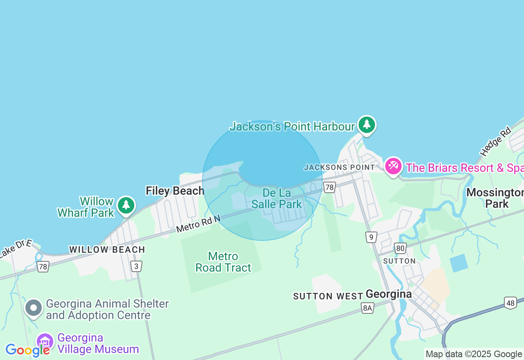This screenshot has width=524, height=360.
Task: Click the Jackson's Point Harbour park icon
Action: [366, 124]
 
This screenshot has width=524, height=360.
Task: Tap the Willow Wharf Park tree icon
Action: [126, 205]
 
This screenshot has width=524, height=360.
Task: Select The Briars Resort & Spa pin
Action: [393, 166]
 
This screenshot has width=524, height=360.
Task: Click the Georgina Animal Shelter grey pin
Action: [34, 308]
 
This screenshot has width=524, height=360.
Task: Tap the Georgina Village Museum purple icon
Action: [45, 342]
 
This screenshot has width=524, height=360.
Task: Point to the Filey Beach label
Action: [175, 191]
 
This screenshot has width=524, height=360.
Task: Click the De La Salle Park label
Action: [277, 198]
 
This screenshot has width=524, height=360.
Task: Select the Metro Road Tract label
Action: [223, 262]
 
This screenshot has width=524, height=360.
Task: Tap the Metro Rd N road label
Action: [199, 224]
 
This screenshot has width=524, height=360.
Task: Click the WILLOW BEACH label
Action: [107, 250]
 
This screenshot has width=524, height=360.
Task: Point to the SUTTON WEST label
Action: [328, 296]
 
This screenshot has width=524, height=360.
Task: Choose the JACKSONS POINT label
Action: [339, 167]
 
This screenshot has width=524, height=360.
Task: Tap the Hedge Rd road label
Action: [496, 142]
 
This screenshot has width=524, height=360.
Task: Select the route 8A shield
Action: [367, 308]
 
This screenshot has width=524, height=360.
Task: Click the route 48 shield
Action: [510, 303]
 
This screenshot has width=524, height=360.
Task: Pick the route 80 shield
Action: [400, 248]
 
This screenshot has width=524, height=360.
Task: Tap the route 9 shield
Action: [371, 237]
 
